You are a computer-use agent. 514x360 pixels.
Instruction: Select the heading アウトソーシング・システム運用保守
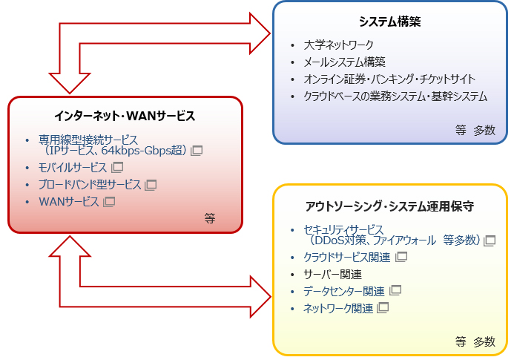pos(389,205)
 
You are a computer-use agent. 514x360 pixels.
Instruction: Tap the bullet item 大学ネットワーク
pos(338,45)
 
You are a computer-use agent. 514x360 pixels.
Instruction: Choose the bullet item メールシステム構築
pos(345,62)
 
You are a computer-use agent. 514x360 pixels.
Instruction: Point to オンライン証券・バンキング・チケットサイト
pos(389,79)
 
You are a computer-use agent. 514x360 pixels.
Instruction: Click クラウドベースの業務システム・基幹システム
pos(395,96)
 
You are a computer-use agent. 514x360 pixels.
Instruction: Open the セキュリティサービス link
pos(344,229)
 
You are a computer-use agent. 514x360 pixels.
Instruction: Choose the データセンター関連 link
pos(344,290)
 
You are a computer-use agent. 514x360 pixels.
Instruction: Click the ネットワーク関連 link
pos(339,307)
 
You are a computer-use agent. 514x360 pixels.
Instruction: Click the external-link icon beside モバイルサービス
pos(117,168)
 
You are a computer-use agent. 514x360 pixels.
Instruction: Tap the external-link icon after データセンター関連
pos(395,290)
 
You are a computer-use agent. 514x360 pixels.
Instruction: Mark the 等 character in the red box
pos(210,218)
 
